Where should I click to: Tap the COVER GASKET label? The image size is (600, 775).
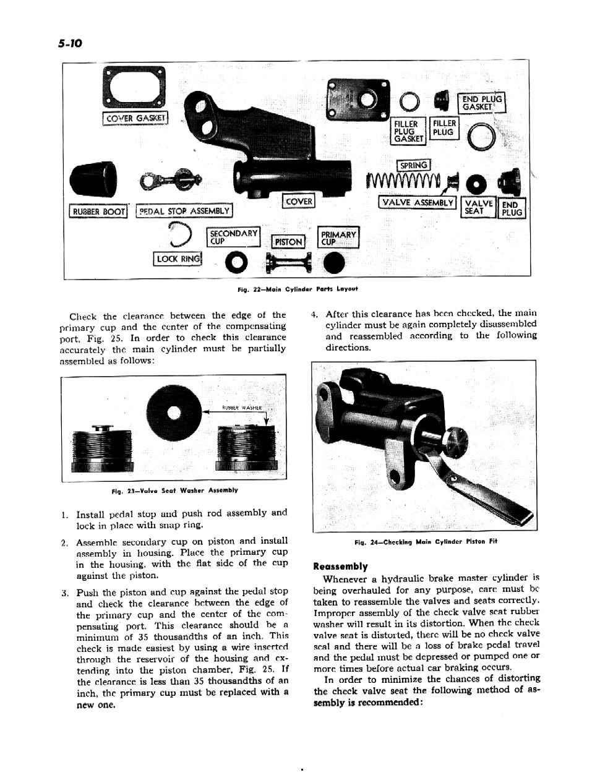pyautogui.click(x=135, y=118)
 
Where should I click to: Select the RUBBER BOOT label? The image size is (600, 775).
pyautogui.click(x=98, y=212)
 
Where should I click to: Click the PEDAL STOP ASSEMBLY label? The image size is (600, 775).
pyautogui.click(x=184, y=212)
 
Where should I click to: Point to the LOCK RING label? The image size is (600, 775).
pyautogui.click(x=178, y=259)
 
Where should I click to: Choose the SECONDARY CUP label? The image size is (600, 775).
pyautogui.click(x=233, y=237)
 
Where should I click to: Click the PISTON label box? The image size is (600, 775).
pyautogui.click(x=289, y=242)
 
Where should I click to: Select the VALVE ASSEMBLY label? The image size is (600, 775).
pyautogui.click(x=418, y=202)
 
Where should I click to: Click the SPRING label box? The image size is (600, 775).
pyautogui.click(x=414, y=165)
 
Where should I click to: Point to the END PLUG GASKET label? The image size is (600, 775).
pyautogui.click(x=482, y=103)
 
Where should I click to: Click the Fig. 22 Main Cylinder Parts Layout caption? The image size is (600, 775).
pyautogui.click(x=297, y=289)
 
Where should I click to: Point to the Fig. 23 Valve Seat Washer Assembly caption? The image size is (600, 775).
pyautogui.click(x=174, y=490)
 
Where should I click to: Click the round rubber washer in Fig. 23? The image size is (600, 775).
pyautogui.click(x=176, y=413)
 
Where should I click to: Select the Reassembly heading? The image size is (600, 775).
pyautogui.click(x=340, y=566)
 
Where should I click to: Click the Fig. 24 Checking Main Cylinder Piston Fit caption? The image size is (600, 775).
pyautogui.click(x=426, y=542)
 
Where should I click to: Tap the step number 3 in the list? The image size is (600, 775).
pyautogui.click(x=65, y=593)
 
